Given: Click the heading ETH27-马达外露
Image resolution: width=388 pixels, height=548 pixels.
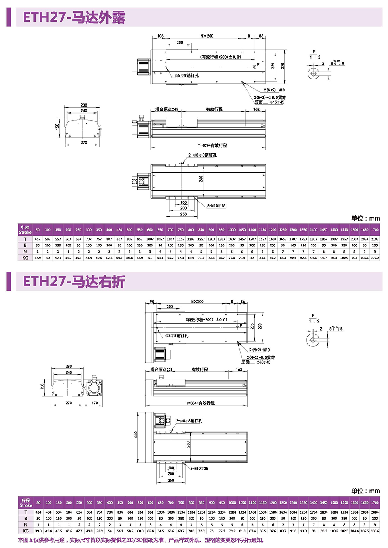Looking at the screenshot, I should [x=74, y=18].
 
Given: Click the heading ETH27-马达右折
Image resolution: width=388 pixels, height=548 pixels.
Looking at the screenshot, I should [x=74, y=281].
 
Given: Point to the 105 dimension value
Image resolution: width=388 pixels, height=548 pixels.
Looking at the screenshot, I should [x=161, y=36].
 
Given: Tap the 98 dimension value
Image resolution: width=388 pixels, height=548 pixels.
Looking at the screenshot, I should [x=152, y=302].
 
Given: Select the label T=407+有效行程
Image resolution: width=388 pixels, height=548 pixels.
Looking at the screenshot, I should [x=213, y=145].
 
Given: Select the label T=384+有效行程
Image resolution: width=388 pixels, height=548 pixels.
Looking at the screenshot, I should [x=200, y=403].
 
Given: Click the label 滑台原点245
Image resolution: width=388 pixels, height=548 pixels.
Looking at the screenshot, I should [x=167, y=109].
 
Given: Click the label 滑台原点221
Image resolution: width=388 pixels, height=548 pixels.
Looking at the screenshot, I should [x=161, y=370].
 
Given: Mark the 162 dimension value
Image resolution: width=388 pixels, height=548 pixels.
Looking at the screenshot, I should [x=256, y=109].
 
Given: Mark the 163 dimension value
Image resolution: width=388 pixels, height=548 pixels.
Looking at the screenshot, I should [x=239, y=370].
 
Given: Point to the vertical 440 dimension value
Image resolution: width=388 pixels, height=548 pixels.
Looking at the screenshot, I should [x=135, y=435].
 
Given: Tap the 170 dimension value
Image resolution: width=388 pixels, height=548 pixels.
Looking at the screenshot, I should [x=95, y=403].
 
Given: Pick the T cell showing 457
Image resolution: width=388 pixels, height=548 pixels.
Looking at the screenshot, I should [x=38, y=239].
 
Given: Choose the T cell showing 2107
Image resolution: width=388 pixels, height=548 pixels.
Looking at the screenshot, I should [x=375, y=239].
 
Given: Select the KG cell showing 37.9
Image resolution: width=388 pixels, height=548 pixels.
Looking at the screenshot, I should [x=38, y=258].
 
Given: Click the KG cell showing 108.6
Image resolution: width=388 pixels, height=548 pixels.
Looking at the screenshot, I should [x=375, y=531].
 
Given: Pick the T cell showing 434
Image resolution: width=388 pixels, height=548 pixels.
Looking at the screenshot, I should [x=38, y=512].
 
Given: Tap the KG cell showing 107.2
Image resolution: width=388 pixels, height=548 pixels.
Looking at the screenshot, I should [x=375, y=258].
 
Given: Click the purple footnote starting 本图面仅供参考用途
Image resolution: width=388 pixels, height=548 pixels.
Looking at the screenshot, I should [x=141, y=540].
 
